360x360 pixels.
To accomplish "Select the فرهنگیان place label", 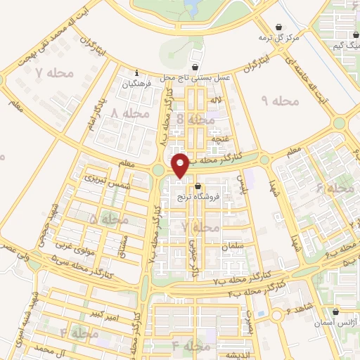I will point(137,84).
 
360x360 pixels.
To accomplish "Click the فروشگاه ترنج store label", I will point(214,198).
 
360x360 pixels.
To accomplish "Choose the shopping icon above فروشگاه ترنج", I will point(198,187).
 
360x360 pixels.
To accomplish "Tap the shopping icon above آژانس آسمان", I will point(335,311).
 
